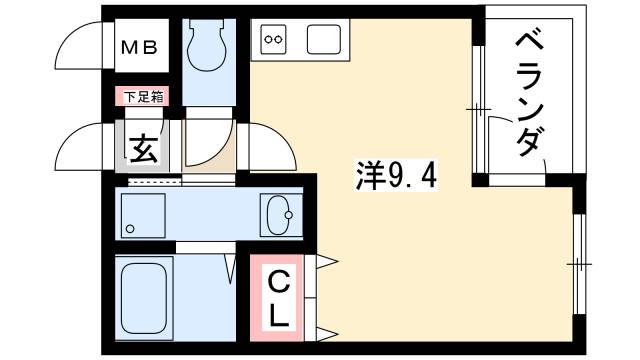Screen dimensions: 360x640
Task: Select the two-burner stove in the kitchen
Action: (274, 41)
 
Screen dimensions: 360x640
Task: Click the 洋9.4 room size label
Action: (396, 178)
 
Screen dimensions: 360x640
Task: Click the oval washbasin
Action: (279, 213)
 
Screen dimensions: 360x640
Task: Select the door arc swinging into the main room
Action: (272, 145)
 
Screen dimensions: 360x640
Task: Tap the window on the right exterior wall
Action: (579, 263)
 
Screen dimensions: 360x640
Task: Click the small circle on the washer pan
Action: (130, 229)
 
